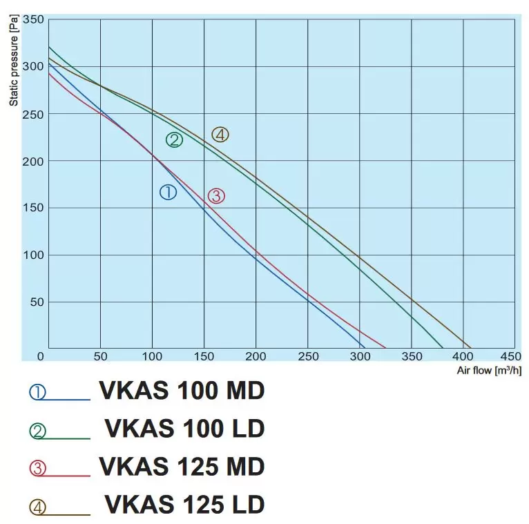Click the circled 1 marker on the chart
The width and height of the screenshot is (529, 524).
(x=168, y=193)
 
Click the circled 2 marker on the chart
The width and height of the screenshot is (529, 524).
(x=174, y=140)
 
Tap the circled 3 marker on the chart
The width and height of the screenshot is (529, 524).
(x=216, y=196)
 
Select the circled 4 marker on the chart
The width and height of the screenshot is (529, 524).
(x=220, y=135)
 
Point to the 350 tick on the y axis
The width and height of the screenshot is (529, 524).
(x=33, y=19)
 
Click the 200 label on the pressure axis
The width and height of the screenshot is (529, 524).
(x=33, y=161)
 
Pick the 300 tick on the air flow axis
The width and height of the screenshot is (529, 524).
(x=360, y=356)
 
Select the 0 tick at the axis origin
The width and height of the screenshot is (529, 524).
(x=41, y=356)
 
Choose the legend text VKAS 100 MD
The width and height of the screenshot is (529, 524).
(x=182, y=391)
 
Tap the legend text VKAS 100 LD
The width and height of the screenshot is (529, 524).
(x=184, y=429)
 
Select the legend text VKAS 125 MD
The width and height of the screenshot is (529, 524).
(x=182, y=467)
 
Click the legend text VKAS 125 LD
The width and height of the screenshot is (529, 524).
(x=184, y=505)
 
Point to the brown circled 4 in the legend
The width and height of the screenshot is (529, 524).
(x=37, y=507)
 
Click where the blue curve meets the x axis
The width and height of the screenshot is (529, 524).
(x=364, y=347)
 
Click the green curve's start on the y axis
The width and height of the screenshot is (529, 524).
(x=49, y=47)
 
